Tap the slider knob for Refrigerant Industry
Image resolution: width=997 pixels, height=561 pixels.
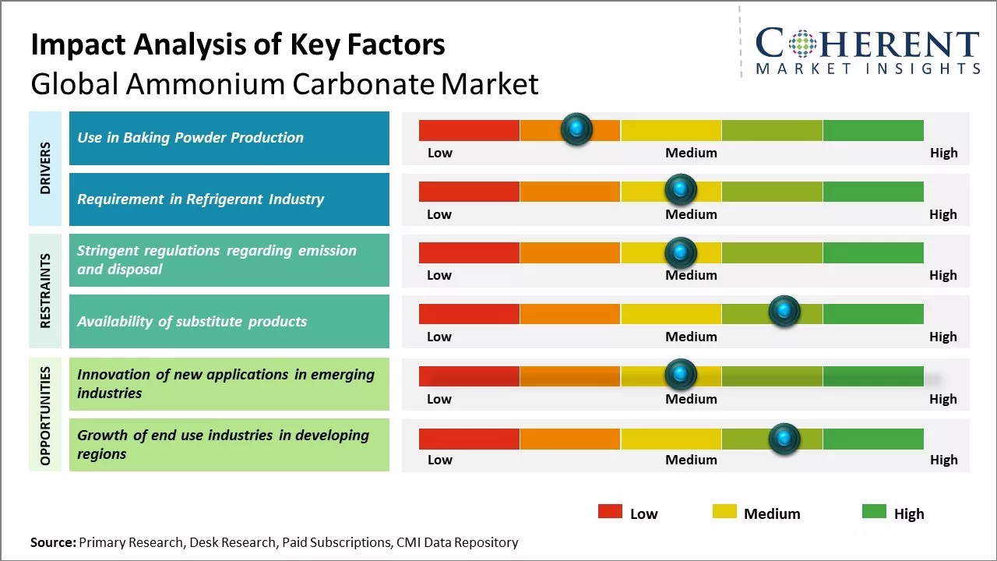click(x=681, y=189)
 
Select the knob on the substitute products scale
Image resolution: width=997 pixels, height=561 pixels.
click(x=784, y=312)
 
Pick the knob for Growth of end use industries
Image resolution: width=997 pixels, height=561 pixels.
click(x=784, y=438)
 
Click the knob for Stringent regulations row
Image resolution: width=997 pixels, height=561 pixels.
click(x=681, y=252)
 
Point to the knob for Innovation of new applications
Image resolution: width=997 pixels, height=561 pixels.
click(x=681, y=375)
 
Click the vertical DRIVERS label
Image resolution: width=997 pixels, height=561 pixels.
click(x=46, y=168)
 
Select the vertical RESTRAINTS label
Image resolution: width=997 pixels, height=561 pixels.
click(x=46, y=291)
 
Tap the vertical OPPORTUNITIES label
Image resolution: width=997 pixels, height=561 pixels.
click(x=46, y=415)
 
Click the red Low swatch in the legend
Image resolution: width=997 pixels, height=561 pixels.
click(x=610, y=511)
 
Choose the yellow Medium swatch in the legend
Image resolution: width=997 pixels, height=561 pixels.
click(x=724, y=511)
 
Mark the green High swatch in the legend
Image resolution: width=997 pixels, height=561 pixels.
click(x=874, y=511)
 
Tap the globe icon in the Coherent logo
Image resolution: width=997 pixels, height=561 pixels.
click(x=801, y=44)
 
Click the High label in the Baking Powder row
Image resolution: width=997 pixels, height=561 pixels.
click(x=943, y=153)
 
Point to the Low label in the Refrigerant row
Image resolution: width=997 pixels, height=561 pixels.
click(x=439, y=214)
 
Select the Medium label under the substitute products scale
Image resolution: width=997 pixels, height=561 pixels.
click(x=691, y=337)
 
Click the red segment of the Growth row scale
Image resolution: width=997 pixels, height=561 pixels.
click(x=469, y=439)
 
